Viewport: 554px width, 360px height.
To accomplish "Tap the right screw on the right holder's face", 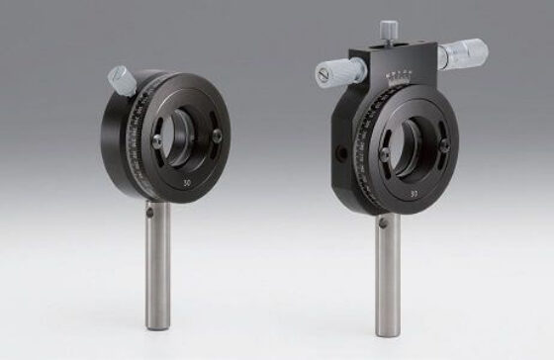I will pos(444,147).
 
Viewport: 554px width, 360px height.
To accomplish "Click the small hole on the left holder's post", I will pos(149,210).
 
